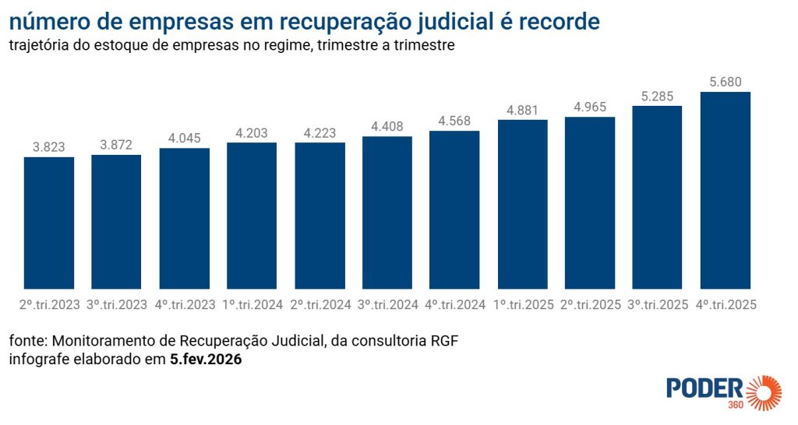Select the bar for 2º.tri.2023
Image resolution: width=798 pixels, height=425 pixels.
click(x=49, y=223)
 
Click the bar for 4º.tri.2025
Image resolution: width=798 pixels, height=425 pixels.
click(x=725, y=190)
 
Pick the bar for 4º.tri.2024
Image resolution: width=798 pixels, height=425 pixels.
click(x=454, y=209)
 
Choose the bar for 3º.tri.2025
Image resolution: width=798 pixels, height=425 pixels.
click(x=657, y=197)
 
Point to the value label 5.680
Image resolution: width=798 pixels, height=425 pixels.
click(x=725, y=81)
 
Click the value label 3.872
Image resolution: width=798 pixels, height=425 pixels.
click(x=116, y=144)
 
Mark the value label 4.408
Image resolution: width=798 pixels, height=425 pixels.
click(x=387, y=125)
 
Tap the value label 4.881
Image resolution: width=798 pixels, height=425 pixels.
click(x=522, y=109)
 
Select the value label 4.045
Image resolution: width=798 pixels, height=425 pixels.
click(x=184, y=138)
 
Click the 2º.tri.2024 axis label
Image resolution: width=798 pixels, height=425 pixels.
click(x=320, y=305)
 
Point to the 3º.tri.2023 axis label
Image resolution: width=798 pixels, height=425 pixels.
click(x=116, y=305)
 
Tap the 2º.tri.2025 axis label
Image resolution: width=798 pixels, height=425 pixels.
click(x=590, y=305)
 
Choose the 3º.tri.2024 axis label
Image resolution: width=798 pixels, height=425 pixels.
click(x=387, y=305)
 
